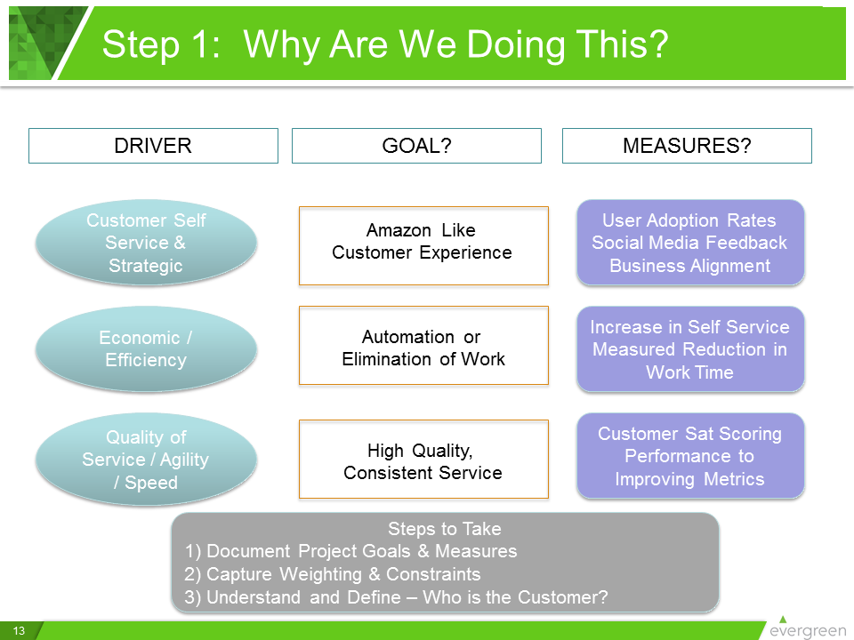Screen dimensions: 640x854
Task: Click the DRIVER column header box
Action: (153, 146)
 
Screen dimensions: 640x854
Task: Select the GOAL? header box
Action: (416, 146)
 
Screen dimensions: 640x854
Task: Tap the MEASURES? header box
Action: (687, 146)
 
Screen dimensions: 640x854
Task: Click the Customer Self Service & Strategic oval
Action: (146, 243)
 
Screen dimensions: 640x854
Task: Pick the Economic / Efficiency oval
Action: (146, 348)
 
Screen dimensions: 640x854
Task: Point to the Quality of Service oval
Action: (146, 460)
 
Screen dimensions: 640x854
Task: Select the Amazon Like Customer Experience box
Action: (423, 245)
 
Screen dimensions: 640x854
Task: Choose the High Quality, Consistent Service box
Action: (423, 460)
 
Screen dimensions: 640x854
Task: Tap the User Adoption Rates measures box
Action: (690, 243)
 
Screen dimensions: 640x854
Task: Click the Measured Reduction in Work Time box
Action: (690, 349)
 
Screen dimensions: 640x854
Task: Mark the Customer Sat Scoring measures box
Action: (690, 456)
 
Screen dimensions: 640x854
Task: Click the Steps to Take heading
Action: (445, 529)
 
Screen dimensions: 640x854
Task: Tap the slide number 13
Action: (20, 631)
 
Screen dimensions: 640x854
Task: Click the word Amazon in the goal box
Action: (399, 230)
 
